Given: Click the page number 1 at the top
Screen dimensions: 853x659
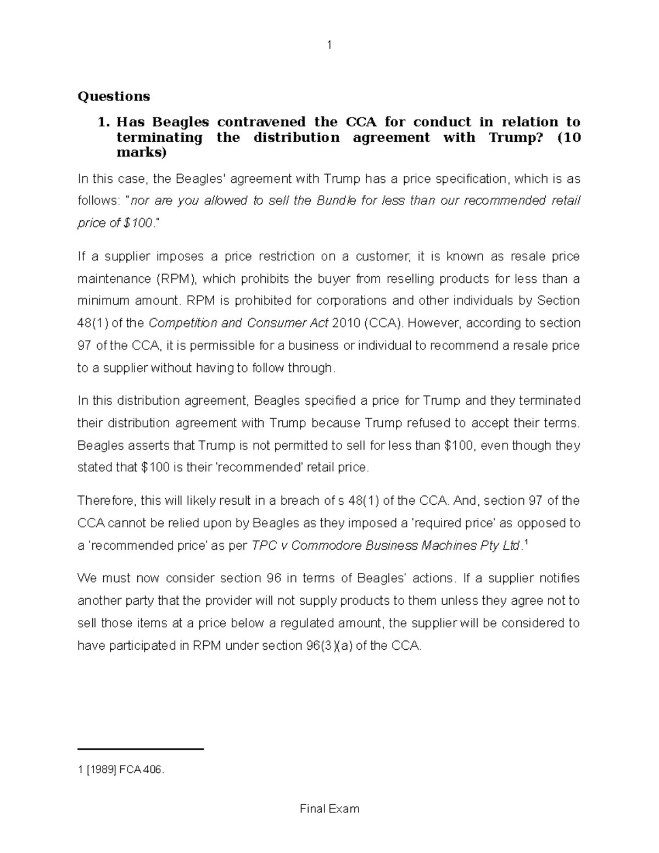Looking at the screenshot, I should [x=329, y=46].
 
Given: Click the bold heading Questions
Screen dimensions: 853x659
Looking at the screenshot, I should [x=114, y=97].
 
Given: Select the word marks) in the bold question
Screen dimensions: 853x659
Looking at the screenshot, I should [x=141, y=152].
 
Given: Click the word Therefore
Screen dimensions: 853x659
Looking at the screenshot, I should [x=105, y=501].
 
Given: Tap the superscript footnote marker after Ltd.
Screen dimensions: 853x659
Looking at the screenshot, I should [x=526, y=543].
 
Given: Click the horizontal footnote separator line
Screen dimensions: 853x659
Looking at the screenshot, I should [x=141, y=749].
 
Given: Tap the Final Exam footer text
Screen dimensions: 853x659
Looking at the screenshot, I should [x=329, y=809].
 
